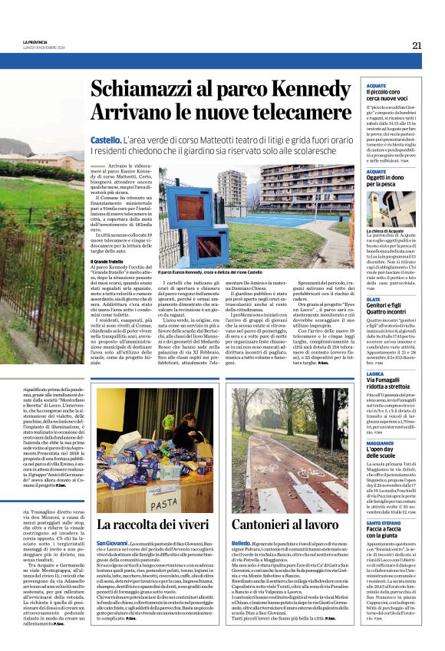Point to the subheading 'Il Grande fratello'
[x=107, y=261]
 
